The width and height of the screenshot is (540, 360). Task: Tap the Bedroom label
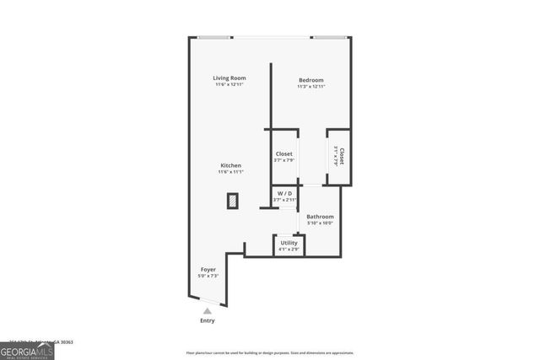[311, 79]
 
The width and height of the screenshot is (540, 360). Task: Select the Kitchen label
[231, 165]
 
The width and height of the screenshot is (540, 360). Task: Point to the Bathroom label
[320, 217]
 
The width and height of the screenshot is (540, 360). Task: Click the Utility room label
[289, 243]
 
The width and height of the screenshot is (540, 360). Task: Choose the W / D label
[284, 193]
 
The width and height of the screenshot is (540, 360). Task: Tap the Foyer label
[208, 270]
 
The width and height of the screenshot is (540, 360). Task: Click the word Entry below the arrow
[208, 320]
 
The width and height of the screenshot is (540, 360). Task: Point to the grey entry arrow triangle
[208, 310]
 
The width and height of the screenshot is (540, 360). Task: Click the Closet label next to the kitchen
[284, 154]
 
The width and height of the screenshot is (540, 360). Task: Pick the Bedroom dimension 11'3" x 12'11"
[311, 86]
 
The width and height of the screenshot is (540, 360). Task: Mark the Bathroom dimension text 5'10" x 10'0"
[320, 223]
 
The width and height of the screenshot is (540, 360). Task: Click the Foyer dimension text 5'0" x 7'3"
[208, 277]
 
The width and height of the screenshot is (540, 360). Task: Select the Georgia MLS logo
[26, 350]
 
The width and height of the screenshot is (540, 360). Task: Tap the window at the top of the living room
[215, 36]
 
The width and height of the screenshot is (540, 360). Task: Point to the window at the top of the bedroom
[329, 36]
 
